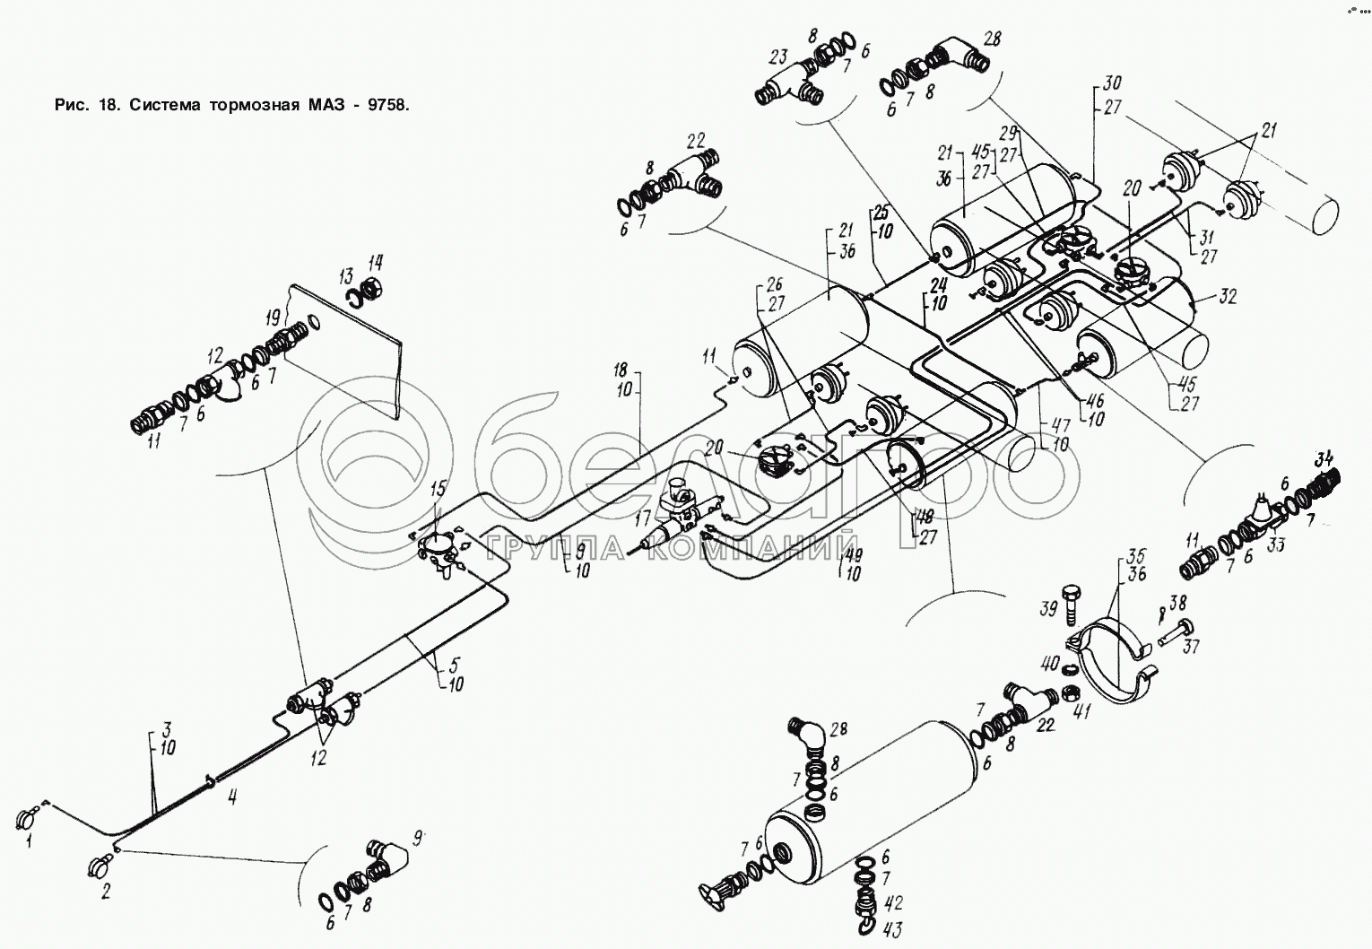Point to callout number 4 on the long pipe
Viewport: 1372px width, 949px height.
coord(231,797)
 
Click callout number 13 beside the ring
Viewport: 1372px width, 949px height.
coord(346,275)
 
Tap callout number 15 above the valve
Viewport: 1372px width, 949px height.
coord(437,489)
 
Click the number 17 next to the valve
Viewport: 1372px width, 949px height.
coord(641,518)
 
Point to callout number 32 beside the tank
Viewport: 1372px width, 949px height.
coord(1228,297)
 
